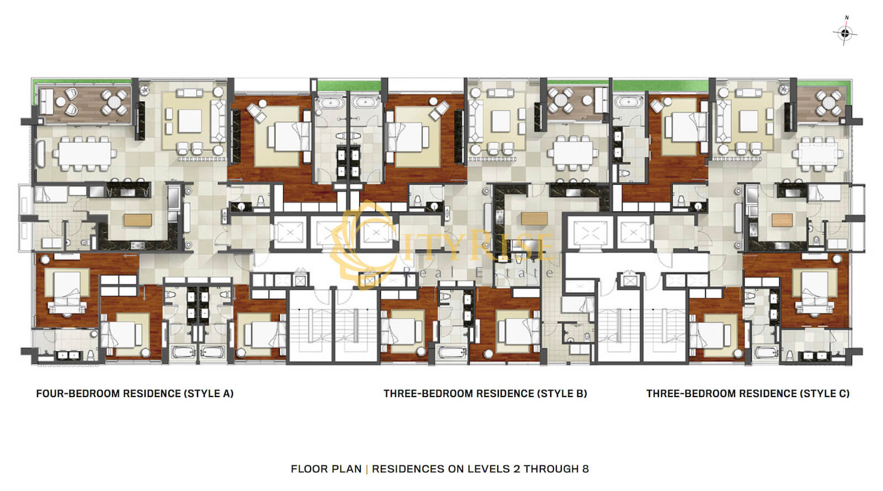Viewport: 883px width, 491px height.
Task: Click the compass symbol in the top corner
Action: click(x=845, y=33)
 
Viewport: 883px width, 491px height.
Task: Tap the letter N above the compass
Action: click(x=847, y=18)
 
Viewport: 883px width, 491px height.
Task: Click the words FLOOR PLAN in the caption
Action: click(x=326, y=469)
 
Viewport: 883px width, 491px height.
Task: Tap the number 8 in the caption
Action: click(x=586, y=469)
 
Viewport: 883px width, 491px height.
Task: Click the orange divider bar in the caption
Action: click(x=367, y=469)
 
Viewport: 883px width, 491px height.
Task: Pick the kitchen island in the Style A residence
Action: click(x=137, y=220)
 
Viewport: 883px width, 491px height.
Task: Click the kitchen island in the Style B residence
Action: click(x=534, y=219)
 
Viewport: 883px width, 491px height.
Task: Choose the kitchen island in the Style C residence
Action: click(x=782, y=220)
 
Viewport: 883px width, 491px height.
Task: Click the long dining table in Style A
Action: click(x=85, y=154)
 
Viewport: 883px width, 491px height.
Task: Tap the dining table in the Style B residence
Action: click(x=573, y=153)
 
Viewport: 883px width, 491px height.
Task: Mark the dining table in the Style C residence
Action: click(x=818, y=154)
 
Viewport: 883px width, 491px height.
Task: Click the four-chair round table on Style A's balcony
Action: click(x=114, y=102)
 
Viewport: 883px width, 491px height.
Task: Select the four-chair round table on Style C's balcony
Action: click(x=828, y=103)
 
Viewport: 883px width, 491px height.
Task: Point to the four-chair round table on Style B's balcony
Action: click(x=561, y=101)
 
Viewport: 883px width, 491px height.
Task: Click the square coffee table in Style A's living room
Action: click(x=190, y=121)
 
